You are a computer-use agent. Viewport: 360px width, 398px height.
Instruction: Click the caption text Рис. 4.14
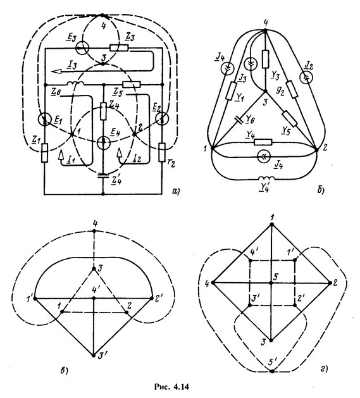[x=172, y=387]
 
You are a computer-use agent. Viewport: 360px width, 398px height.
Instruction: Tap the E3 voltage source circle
[x=82, y=47]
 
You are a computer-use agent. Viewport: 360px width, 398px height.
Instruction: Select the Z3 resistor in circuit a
[x=119, y=47]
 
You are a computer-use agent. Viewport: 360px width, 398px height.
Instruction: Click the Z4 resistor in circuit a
[x=103, y=111]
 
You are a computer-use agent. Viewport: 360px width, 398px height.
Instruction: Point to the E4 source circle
[x=104, y=142]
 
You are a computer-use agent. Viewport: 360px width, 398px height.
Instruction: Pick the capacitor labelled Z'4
[x=103, y=175]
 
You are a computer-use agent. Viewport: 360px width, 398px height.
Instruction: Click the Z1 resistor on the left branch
[x=45, y=152]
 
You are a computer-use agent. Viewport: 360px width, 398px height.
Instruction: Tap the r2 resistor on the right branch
[x=162, y=152]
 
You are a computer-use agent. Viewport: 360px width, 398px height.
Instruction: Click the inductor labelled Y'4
[x=266, y=178]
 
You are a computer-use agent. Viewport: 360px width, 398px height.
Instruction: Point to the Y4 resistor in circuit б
[x=263, y=142]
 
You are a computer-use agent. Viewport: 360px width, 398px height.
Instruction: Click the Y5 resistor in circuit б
[x=290, y=118]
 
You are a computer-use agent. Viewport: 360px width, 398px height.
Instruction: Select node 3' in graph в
[x=94, y=356]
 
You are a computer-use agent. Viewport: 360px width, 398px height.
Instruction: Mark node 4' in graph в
[x=94, y=298]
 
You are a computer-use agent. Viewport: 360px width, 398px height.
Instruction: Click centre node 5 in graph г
[x=271, y=283]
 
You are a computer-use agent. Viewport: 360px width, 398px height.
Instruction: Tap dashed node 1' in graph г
[x=295, y=260]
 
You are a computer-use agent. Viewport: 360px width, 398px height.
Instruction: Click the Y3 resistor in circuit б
[x=265, y=59]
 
